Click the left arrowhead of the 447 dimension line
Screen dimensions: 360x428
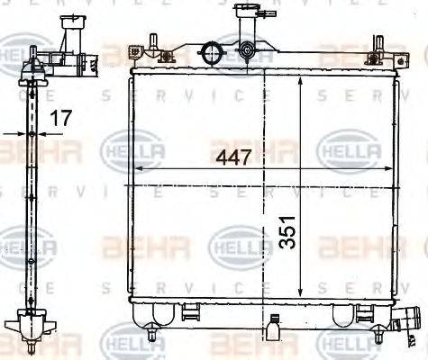[x=136, y=169]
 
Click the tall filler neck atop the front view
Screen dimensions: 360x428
[x=244, y=27]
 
